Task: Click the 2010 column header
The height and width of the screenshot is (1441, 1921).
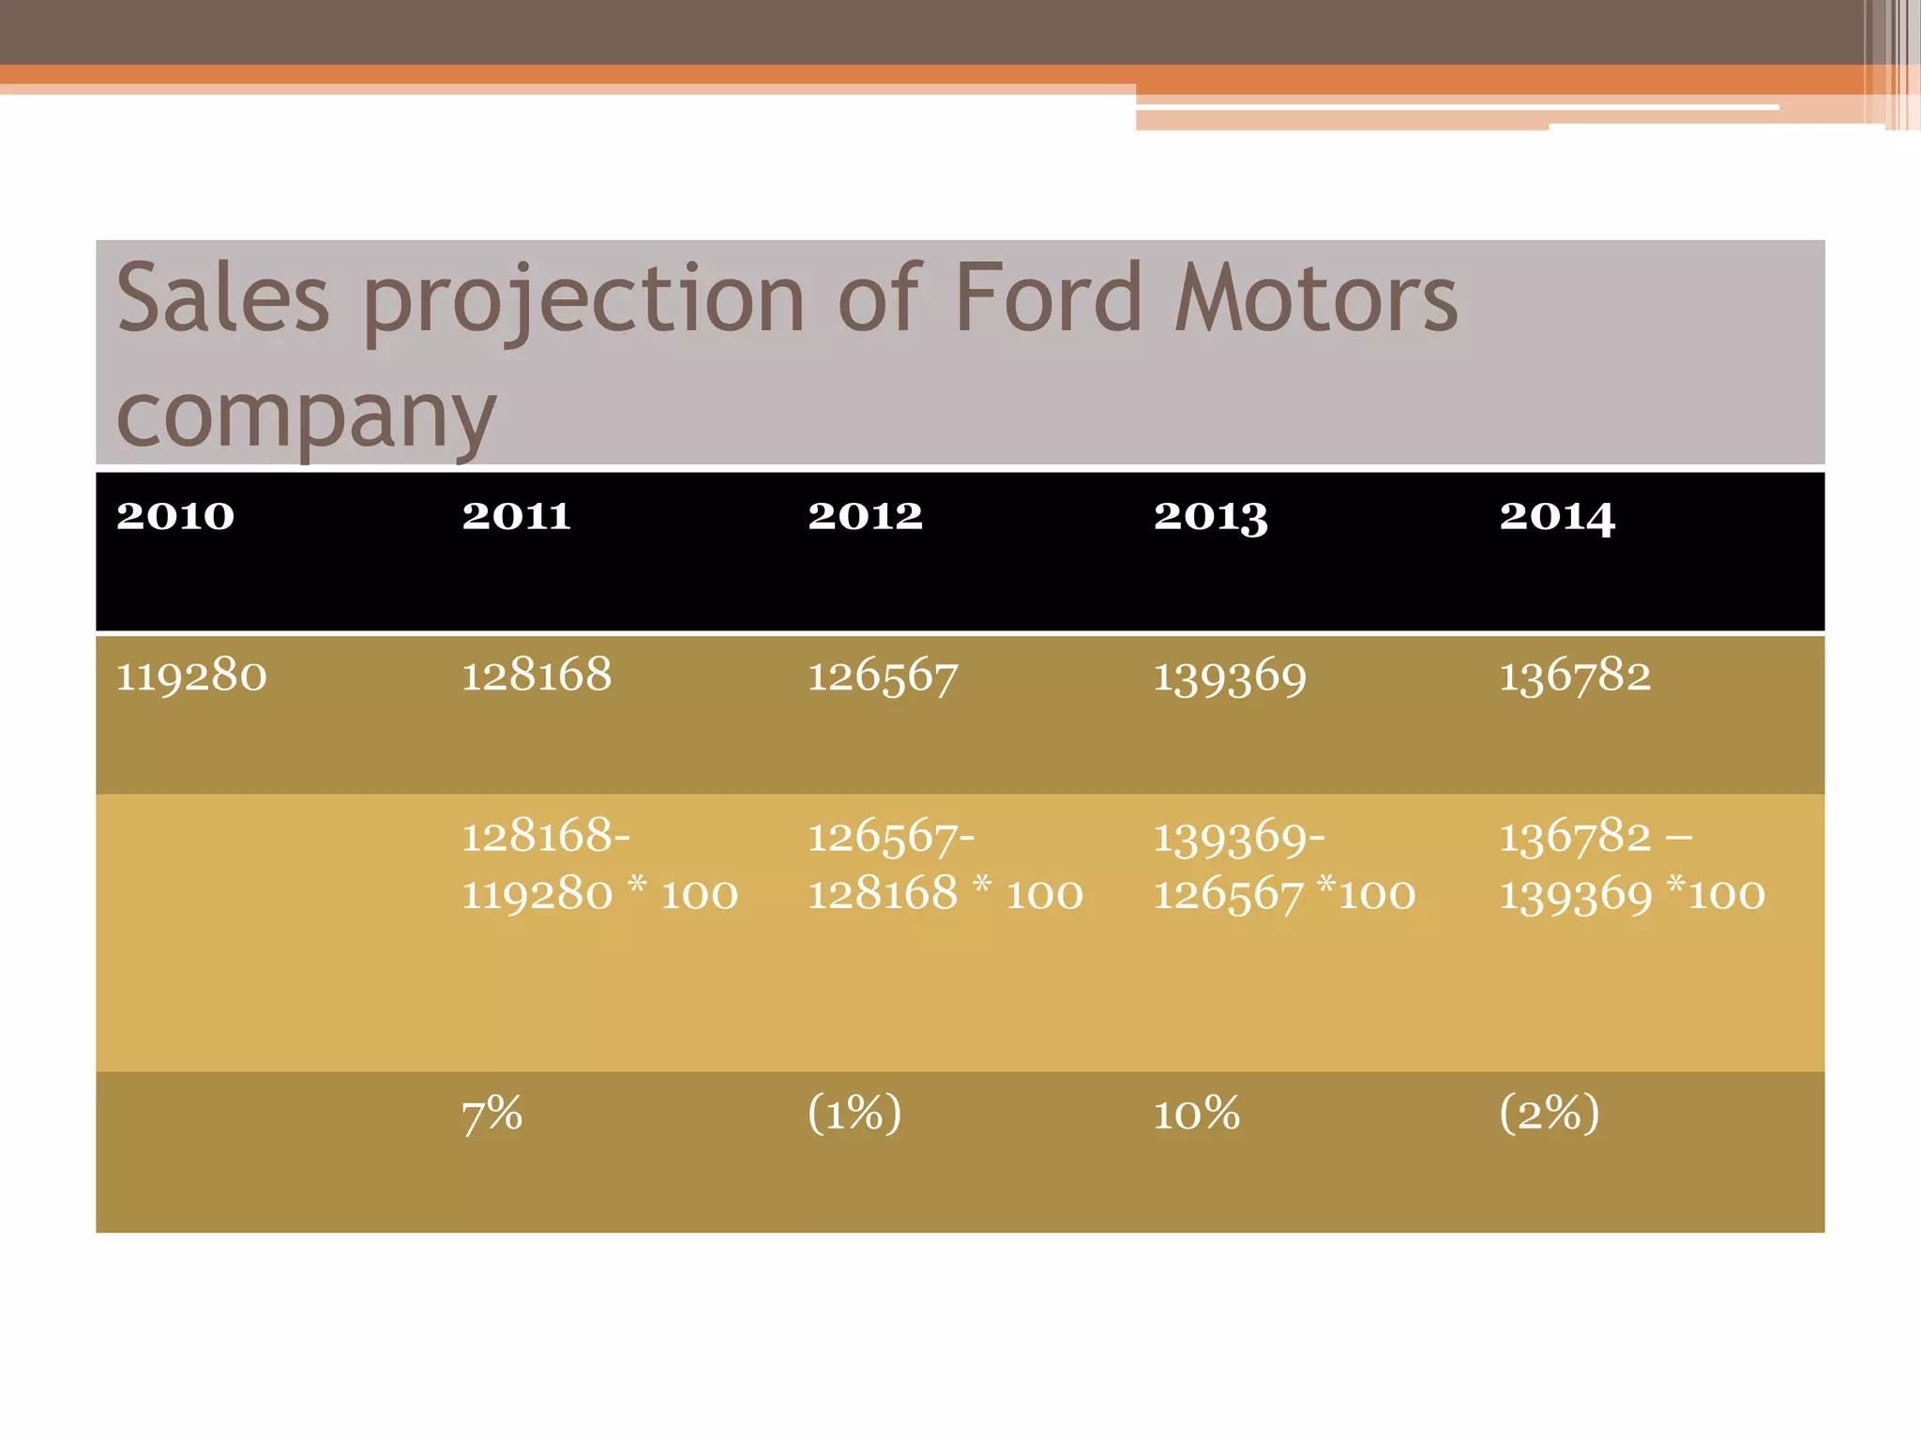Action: click(175, 516)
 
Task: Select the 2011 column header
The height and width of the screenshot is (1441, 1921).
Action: click(516, 516)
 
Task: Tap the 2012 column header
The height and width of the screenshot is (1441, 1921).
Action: click(865, 516)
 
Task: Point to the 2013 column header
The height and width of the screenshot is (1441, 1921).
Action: click(1210, 517)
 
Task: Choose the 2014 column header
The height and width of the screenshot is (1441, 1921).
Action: click(1557, 517)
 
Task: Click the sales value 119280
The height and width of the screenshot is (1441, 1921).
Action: click(191, 675)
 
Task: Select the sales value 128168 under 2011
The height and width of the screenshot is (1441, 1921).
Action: click(537, 675)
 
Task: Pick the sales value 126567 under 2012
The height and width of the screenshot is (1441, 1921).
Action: click(883, 676)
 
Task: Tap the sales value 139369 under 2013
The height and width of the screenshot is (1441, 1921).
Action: click(1229, 676)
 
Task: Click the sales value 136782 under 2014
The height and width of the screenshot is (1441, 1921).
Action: click(1575, 676)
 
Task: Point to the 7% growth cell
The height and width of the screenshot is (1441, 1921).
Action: click(492, 1115)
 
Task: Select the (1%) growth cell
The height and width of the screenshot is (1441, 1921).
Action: click(855, 1115)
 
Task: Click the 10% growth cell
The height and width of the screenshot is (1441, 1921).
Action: click(1197, 1115)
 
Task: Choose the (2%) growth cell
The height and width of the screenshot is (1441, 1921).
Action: click(1549, 1115)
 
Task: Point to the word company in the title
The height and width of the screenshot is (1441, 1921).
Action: click(306, 417)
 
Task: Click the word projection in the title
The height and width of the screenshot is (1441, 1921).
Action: click(583, 300)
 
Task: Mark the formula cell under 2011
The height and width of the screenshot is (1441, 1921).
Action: click(599, 864)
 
